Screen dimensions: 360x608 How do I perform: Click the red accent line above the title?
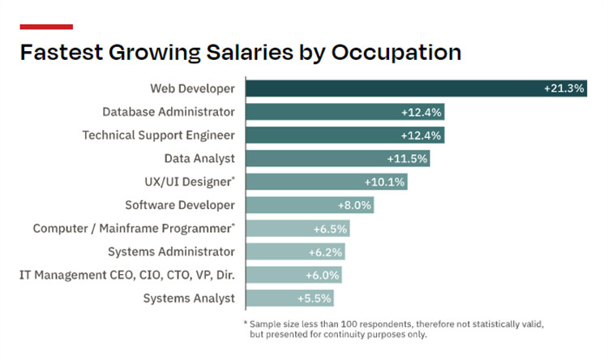pos(46,27)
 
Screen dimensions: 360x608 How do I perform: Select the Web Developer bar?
pos(389,88)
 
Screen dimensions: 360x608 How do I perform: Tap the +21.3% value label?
pos(564,88)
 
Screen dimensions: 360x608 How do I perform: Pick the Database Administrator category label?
pos(169,112)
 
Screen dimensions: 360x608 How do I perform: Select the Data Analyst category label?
pos(199,159)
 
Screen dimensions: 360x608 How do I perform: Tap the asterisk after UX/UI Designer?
pos(233,178)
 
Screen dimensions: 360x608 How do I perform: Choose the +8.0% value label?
pos(353,205)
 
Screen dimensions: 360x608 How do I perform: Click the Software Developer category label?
pos(180,205)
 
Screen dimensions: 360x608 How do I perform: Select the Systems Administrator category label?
pos(177,252)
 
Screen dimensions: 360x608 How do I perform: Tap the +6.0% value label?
pos(323,276)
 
